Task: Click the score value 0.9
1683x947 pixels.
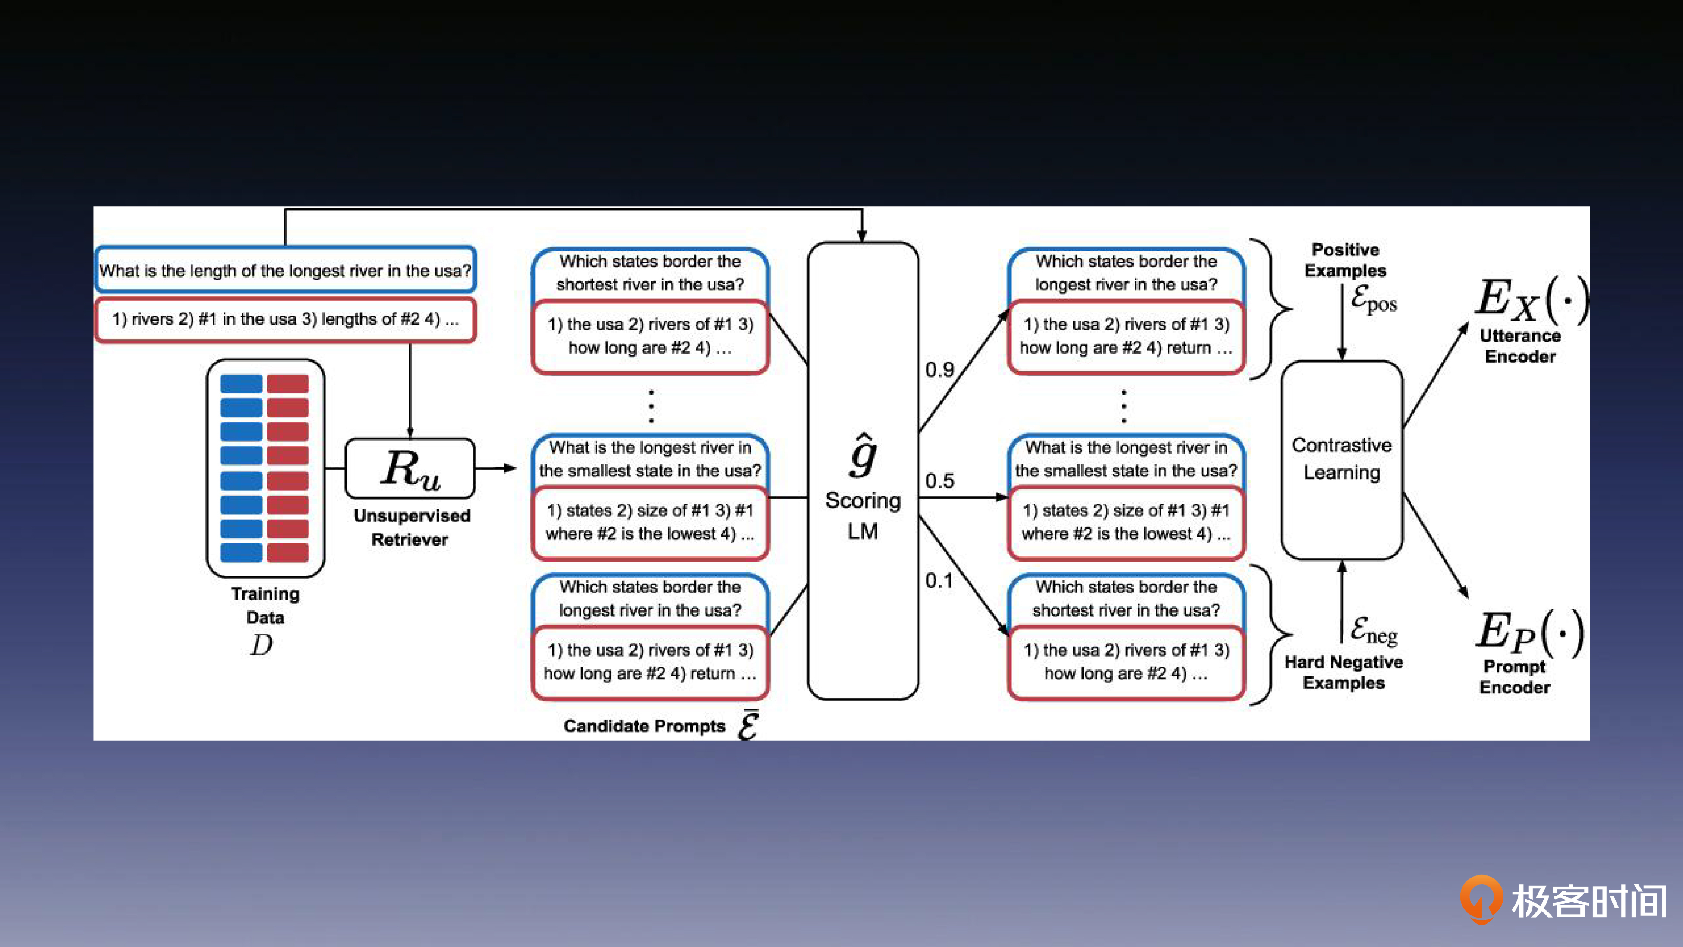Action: [939, 370]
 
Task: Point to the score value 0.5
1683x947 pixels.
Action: [939, 481]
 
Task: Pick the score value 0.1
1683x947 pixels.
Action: [938, 581]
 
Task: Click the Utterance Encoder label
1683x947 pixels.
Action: [1520, 346]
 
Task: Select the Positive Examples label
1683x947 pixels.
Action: [1345, 259]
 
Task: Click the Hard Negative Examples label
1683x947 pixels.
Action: [1343, 672]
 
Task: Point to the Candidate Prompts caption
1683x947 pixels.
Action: [644, 726]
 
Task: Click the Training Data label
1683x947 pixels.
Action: [265, 605]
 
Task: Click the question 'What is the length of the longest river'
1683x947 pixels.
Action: [285, 270]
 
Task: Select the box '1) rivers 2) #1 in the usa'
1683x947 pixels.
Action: [285, 319]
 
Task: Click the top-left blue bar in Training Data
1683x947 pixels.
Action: [241, 384]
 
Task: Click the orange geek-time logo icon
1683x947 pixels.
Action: [1481, 899]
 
